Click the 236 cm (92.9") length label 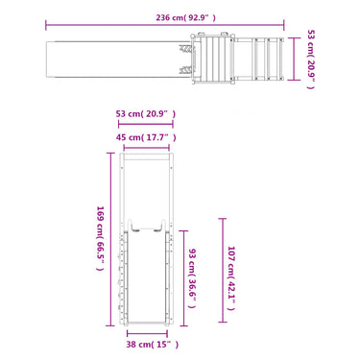pyautogui.click(x=185, y=17)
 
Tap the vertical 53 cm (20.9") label pyautogui.click(x=311, y=60)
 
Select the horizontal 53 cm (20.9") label pyautogui.click(x=146, y=113)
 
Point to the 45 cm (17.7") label pyautogui.click(x=146, y=137)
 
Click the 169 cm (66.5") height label pyautogui.click(x=101, y=238)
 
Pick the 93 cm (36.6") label pyautogui.click(x=192, y=278)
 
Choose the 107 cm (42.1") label pyautogui.click(x=231, y=278)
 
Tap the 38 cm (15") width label pyautogui.click(x=153, y=345)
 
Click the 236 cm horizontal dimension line pyautogui.click(x=165, y=25)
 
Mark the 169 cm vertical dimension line pyautogui.click(x=110, y=239)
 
